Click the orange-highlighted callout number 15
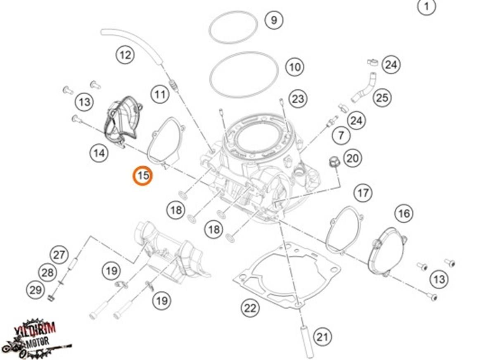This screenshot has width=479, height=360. [x=143, y=176]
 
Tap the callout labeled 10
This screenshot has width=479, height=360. [x=294, y=67]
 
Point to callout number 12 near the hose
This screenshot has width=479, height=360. [x=125, y=55]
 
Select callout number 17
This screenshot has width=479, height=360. [x=363, y=193]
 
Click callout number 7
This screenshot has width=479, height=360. [x=341, y=135]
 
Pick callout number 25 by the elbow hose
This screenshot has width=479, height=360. [x=382, y=98]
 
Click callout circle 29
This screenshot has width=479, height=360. [x=36, y=290]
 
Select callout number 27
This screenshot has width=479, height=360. [x=59, y=255]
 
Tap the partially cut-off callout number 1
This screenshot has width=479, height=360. [x=427, y=6]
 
